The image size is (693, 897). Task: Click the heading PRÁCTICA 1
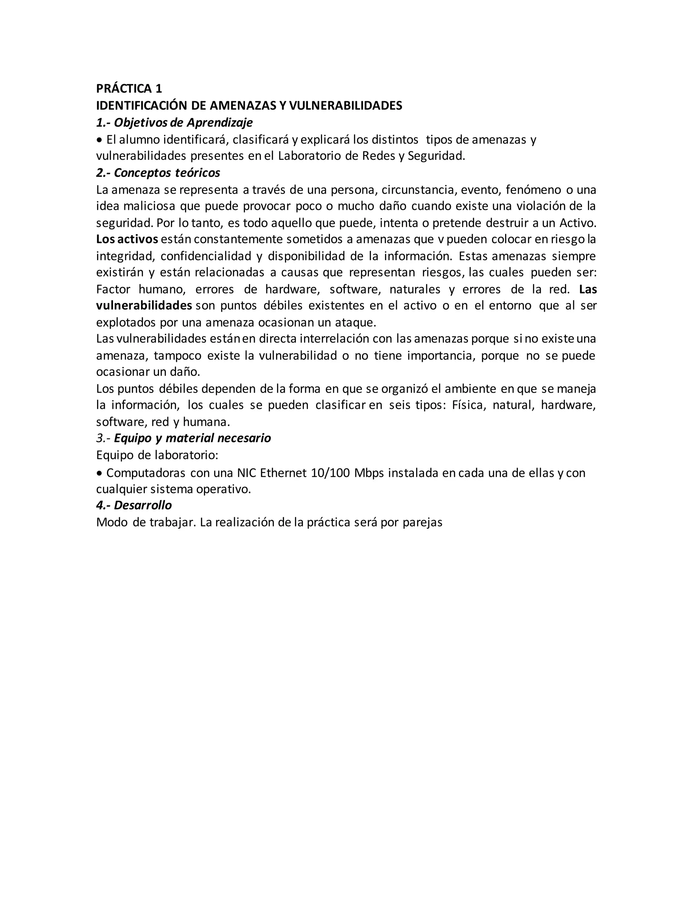[129, 88]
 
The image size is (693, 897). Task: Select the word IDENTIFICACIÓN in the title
[142, 106]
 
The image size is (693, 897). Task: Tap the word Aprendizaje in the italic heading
[220, 123]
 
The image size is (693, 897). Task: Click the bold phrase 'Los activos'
[127, 239]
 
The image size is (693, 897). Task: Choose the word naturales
[415, 289]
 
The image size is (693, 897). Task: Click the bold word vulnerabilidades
[144, 306]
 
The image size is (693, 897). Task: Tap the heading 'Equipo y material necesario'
[192, 438]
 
